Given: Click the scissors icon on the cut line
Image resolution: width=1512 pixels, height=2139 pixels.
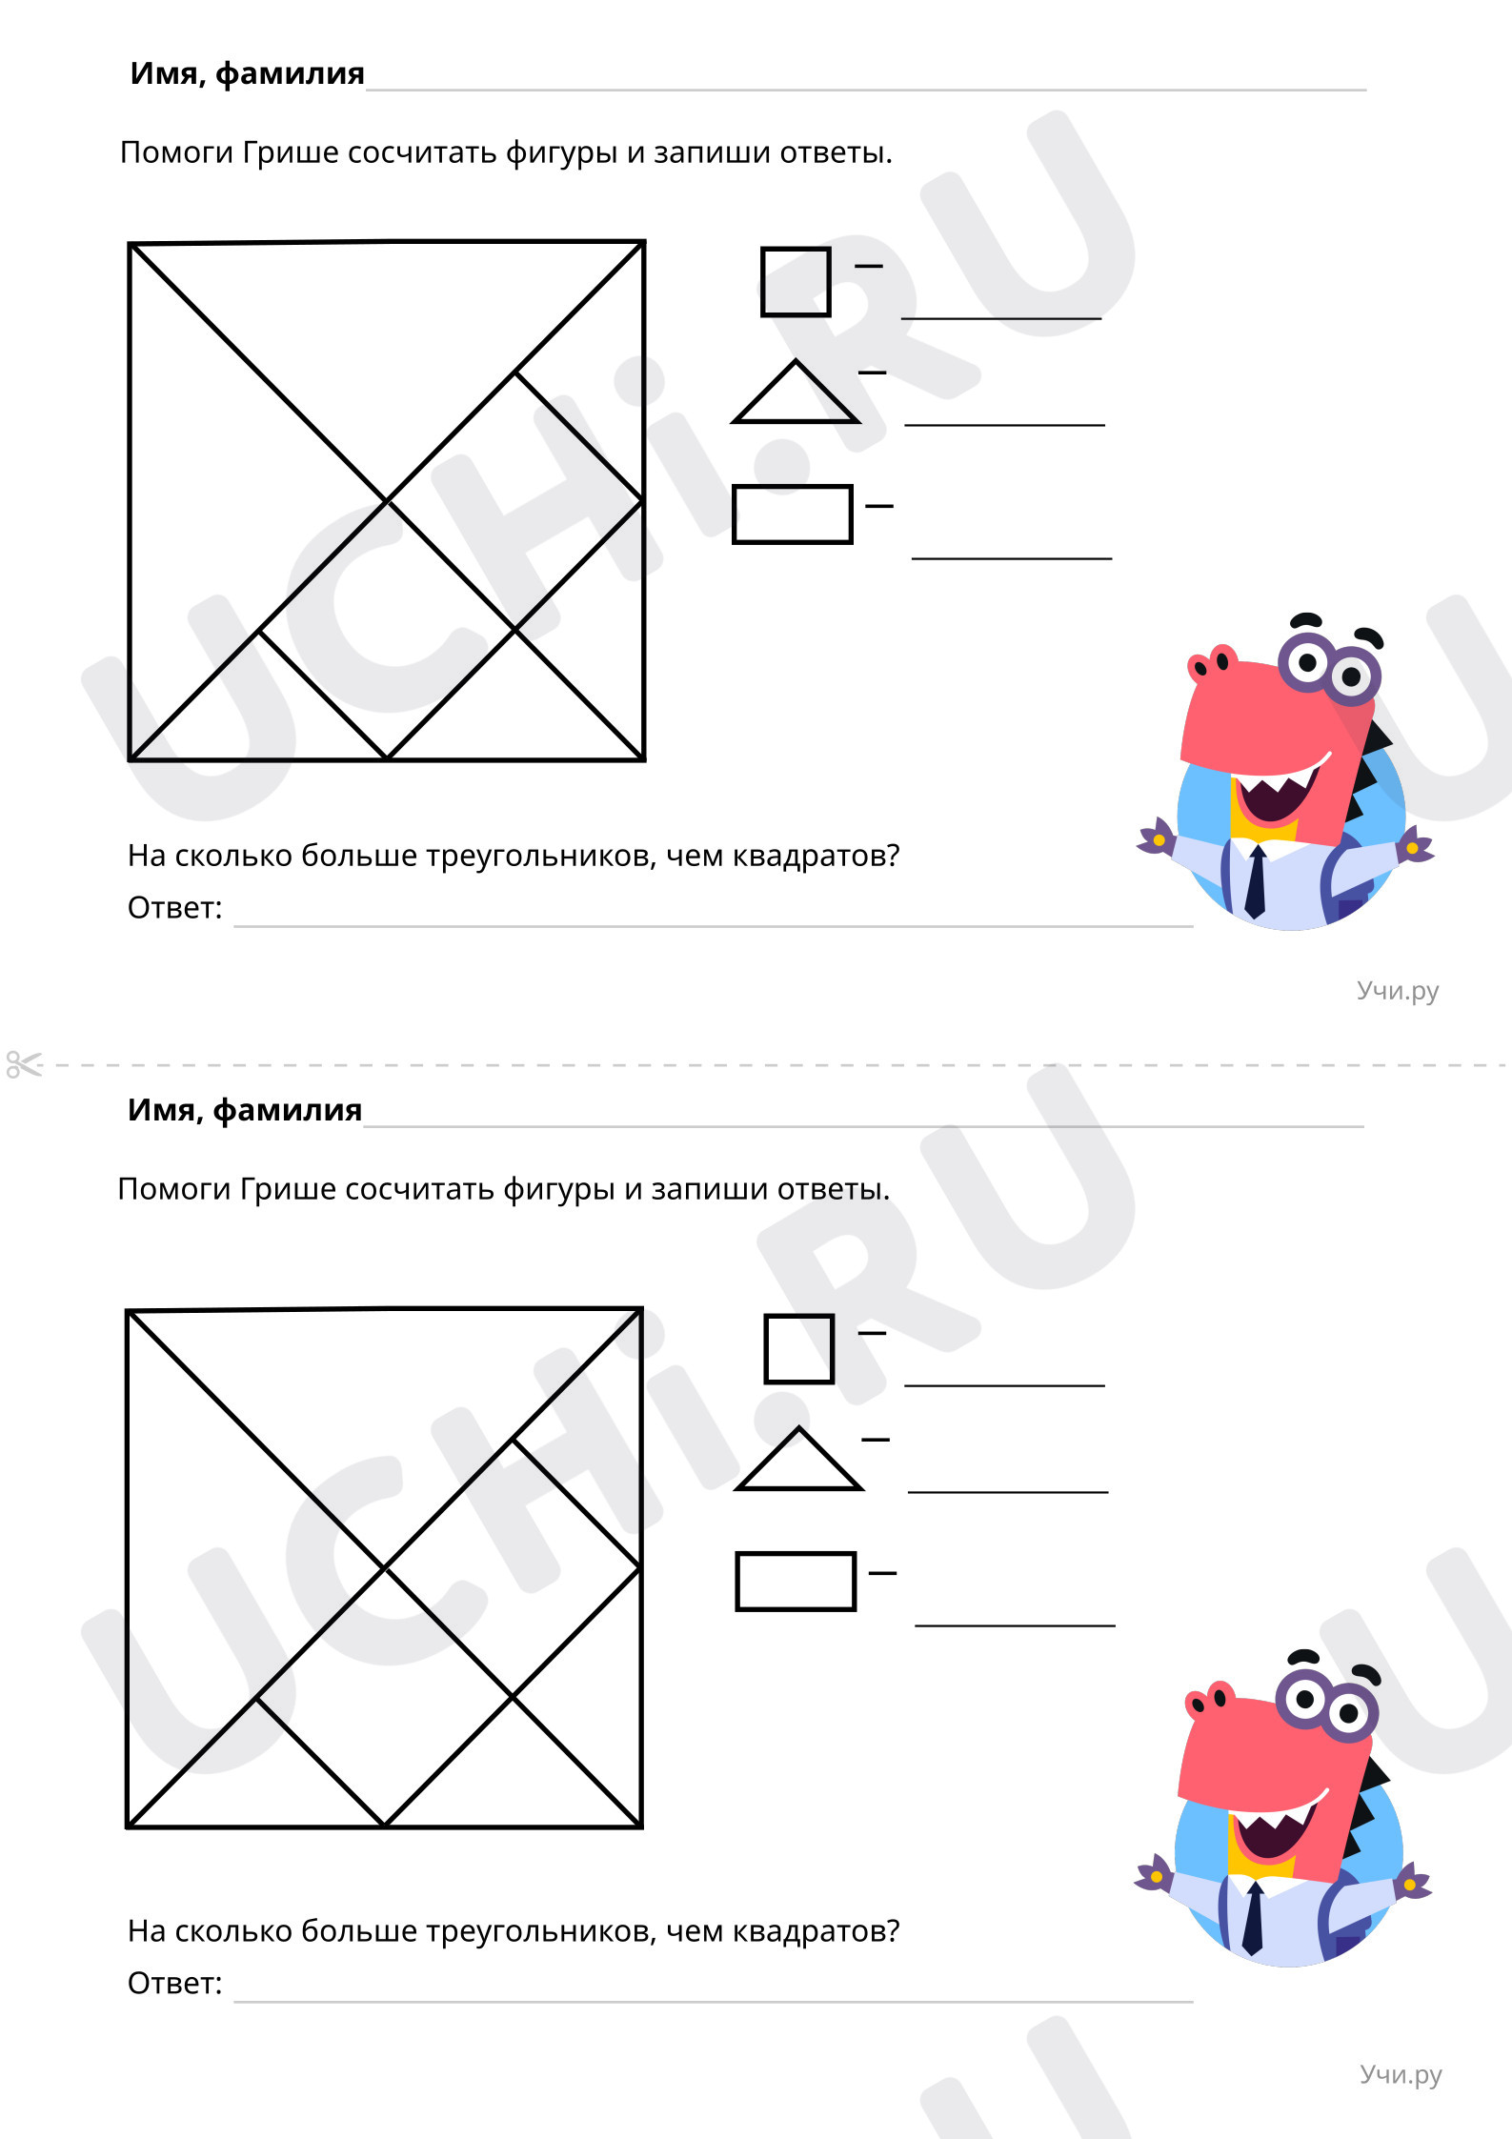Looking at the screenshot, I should coord(24,1064).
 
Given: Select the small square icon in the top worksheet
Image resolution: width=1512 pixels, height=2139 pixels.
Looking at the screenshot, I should coord(796,282).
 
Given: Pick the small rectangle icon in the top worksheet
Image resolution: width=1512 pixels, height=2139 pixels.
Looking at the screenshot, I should coord(793,515).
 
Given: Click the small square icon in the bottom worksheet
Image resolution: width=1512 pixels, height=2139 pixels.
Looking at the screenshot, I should coord(798,1349).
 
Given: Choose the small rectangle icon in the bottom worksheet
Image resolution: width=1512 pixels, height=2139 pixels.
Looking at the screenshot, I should coord(796,1582).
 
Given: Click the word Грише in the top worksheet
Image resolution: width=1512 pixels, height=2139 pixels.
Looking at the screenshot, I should coord(291,152).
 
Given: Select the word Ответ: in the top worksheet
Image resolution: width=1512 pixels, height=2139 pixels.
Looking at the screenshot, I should coord(175,908).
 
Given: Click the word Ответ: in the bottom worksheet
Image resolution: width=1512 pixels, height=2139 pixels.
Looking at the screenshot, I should coord(175,1983).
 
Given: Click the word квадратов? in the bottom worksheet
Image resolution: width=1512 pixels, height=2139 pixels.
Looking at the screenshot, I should coord(816,1930).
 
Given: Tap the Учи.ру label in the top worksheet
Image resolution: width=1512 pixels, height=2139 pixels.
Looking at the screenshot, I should coord(1398,991).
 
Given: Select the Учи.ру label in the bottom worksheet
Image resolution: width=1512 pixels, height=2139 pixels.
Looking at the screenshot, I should coord(1401,2074).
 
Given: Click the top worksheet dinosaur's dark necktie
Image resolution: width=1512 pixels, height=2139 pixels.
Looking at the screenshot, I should coord(1256,881).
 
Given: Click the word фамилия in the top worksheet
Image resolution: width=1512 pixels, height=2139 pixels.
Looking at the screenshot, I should coord(290,73).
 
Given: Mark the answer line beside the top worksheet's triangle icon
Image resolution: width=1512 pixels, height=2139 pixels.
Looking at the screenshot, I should coord(1004,423).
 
